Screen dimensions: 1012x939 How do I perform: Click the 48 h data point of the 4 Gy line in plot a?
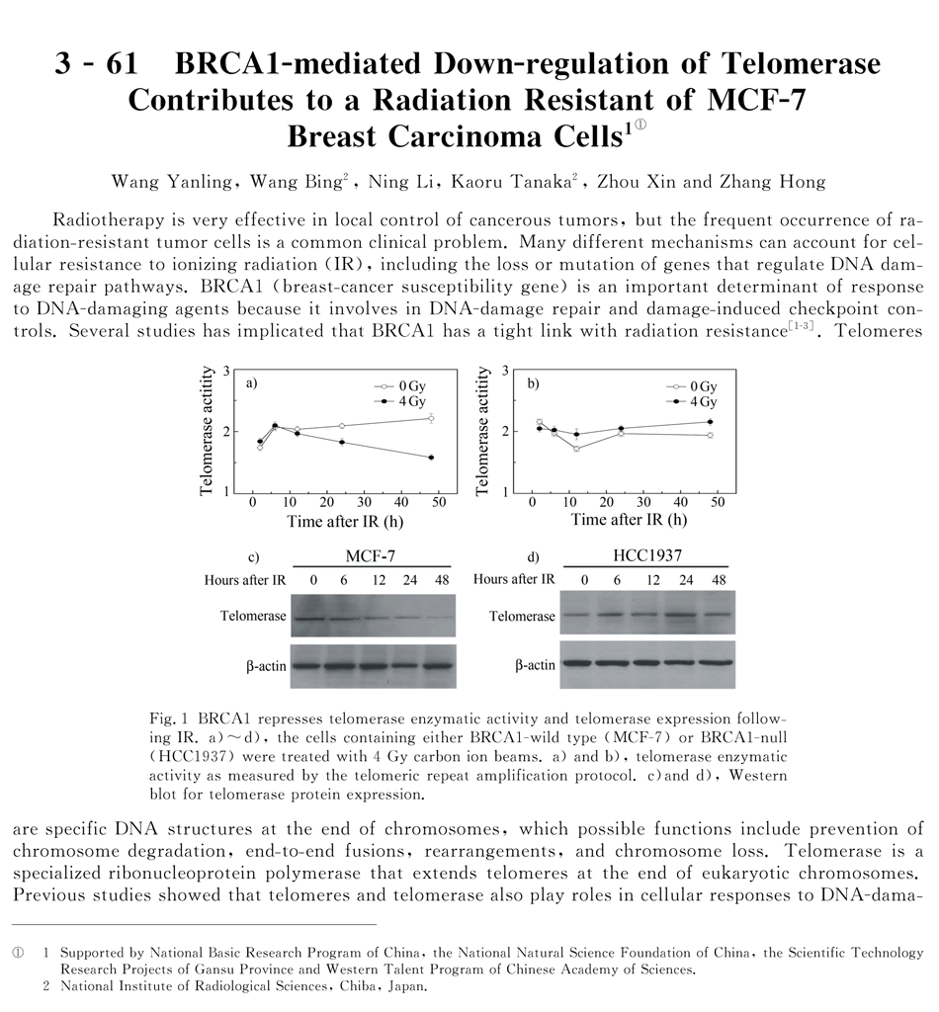click(431, 457)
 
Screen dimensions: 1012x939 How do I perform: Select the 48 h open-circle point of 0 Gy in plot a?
click(431, 418)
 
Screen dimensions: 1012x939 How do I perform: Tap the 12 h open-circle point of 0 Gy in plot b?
click(576, 448)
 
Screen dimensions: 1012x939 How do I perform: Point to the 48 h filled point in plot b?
click(710, 422)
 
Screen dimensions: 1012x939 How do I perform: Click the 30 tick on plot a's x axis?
click(364, 503)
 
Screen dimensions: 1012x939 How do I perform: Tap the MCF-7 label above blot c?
click(373, 556)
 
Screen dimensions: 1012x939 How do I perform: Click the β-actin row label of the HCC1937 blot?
click(535, 666)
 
